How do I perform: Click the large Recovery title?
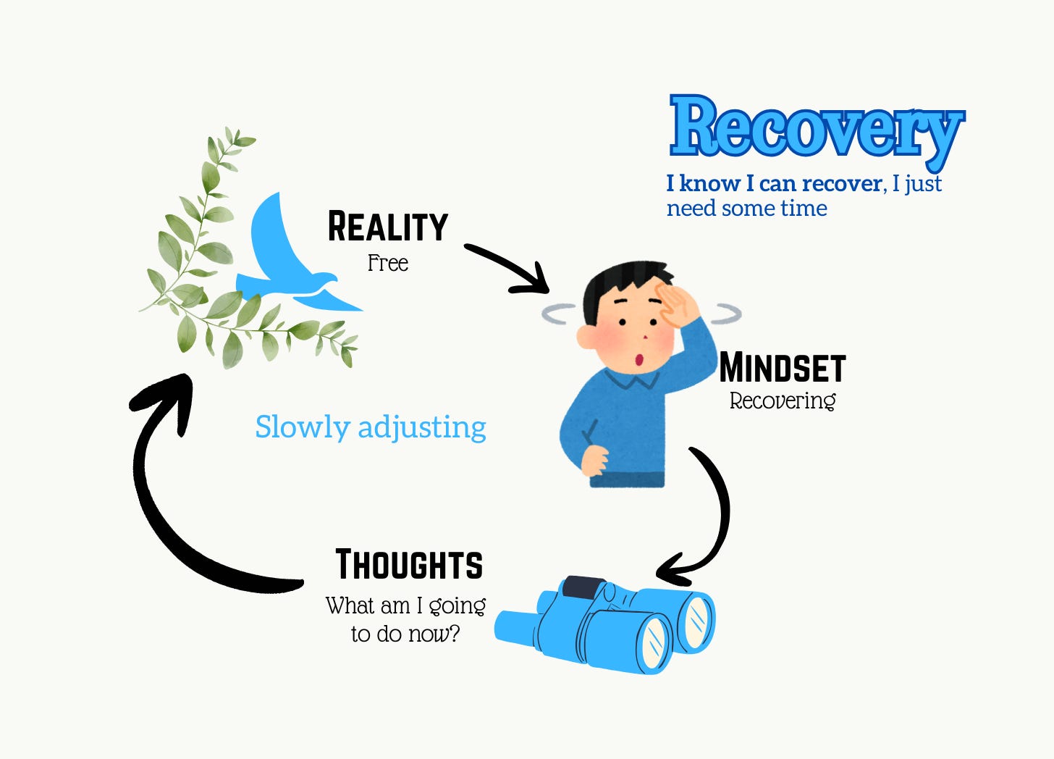817,127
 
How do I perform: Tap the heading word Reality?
388,227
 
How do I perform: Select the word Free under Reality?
388,263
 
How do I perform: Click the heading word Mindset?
783,368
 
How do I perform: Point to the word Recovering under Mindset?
783,401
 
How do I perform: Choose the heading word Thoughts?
409,565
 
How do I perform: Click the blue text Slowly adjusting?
371,427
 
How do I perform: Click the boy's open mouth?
640,359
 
